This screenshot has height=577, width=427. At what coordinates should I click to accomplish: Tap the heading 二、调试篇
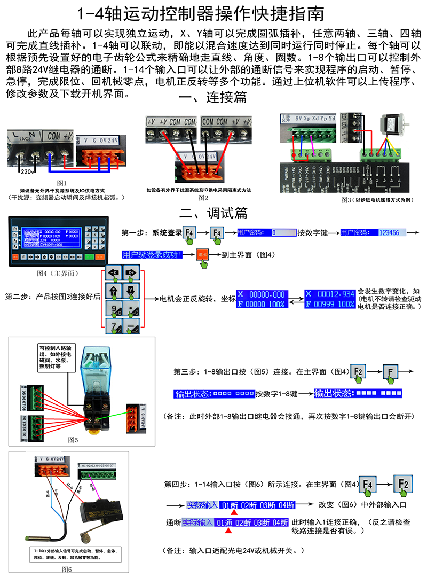pyautogui.click(x=213, y=212)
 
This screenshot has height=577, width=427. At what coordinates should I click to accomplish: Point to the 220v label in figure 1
pyautogui.click(x=26, y=171)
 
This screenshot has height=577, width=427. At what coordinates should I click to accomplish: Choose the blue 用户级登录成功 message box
pyautogui.click(x=153, y=254)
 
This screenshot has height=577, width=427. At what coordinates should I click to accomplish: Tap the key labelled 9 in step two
pyautogui.click(x=115, y=308)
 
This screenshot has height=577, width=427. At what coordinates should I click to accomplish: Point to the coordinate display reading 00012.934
pyautogui.click(x=330, y=299)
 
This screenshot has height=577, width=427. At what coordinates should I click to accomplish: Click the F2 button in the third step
pyautogui.click(x=358, y=371)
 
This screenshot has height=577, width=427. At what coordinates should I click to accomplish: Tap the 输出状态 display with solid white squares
pyautogui.click(x=357, y=393)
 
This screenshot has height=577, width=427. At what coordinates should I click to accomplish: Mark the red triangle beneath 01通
pyautogui.click(x=228, y=531)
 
